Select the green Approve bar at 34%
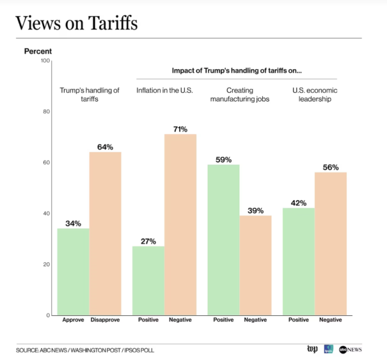(73, 272)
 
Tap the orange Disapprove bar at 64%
(105, 233)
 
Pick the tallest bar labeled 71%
(180, 224)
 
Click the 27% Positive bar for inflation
(148, 281)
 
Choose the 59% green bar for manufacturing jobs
(223, 240)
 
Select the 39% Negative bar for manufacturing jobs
(255, 265)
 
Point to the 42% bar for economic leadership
(299, 262)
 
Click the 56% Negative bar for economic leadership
(331, 244)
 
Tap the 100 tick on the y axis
(45, 61)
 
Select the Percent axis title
(38, 51)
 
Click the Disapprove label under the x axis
(105, 320)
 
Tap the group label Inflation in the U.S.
(164, 90)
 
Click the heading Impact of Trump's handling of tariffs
(237, 70)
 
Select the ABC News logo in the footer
(351, 349)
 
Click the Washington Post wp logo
(312, 349)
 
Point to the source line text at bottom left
(85, 350)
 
